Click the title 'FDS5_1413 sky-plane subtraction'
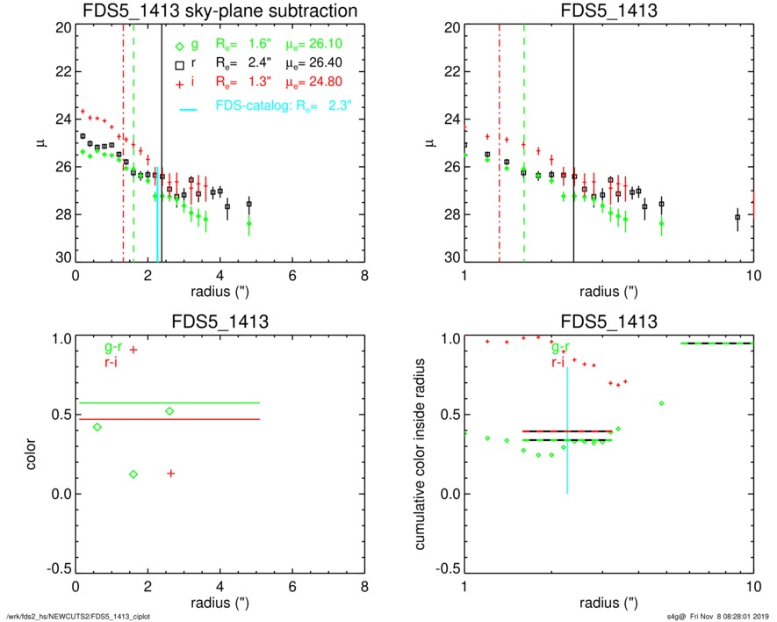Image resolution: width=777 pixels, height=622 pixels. (x=219, y=11)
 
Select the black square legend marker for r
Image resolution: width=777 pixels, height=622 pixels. (x=179, y=65)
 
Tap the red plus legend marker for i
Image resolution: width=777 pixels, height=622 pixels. (x=179, y=83)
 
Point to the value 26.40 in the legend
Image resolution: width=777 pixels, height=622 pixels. (x=323, y=64)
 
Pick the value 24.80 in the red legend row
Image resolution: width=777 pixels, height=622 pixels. (x=323, y=82)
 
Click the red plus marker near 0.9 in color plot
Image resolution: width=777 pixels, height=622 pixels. (x=133, y=350)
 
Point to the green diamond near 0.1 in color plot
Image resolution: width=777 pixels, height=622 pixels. (x=133, y=474)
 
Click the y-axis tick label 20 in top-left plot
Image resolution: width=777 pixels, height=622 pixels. (x=62, y=27)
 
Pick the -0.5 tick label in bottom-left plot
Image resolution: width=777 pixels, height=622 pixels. (x=57, y=569)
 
